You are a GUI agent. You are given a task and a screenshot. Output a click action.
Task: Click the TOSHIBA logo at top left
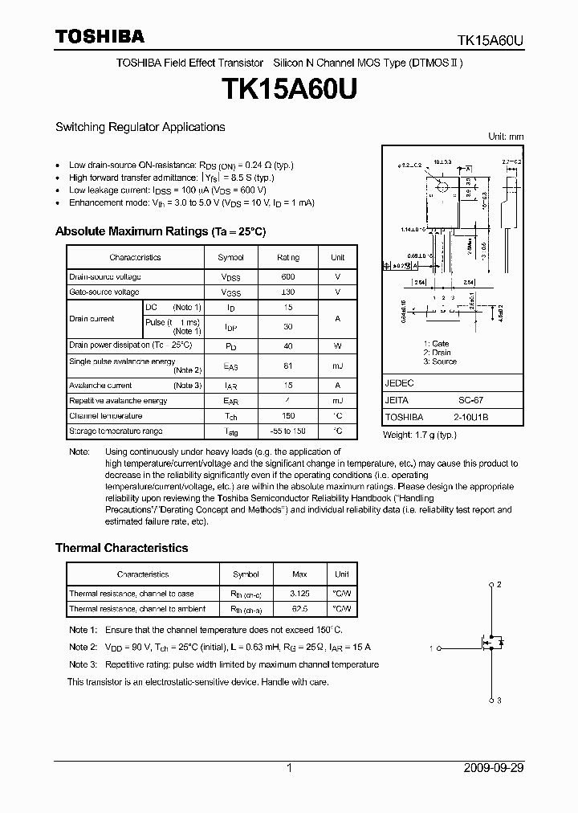coord(100,36)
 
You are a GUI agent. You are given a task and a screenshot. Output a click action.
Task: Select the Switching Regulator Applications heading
coord(140,127)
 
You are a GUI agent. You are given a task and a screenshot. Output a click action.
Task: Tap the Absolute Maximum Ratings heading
coord(160,231)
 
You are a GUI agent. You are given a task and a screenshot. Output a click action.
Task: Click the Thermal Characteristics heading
coord(121,548)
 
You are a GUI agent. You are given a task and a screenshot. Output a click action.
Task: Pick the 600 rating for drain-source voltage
coord(288,276)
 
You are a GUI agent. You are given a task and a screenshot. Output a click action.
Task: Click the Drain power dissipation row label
coord(130,345)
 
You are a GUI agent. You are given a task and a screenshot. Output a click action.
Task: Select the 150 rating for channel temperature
coord(288,416)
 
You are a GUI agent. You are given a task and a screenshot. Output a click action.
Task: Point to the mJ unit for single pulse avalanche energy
coord(337,366)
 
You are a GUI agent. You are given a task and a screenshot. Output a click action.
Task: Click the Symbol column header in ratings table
coord(230,258)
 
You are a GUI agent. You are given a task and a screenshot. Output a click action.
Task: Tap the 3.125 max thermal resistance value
coord(299,594)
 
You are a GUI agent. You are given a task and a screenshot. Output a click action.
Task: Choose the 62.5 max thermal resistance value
coord(299,609)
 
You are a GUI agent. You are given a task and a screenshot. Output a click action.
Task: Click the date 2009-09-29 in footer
coord(494,768)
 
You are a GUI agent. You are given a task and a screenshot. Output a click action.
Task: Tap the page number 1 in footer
coord(289,768)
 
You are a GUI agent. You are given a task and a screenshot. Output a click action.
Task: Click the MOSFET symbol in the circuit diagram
coord(490,643)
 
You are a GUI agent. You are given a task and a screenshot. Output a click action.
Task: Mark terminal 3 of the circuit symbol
coord(499,701)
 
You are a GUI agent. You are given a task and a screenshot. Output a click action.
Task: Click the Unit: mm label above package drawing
coord(506,137)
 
